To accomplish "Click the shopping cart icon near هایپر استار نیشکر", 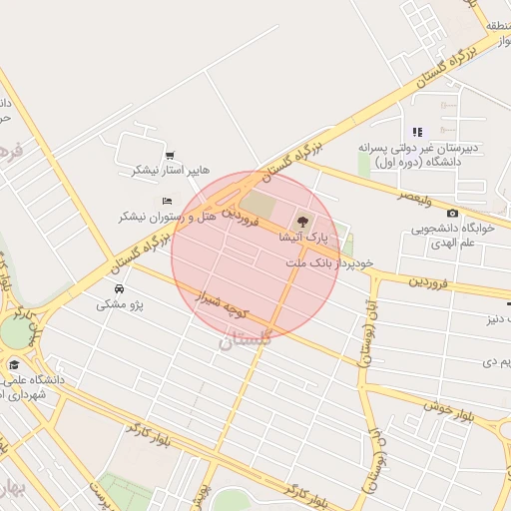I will tap(171, 155).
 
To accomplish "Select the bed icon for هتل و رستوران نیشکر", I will tap(166, 202).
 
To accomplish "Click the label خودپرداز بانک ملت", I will tap(329, 262).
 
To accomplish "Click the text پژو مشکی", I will tap(120, 304).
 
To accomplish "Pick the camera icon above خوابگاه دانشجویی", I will tap(453, 213).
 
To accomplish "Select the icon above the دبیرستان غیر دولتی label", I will tap(417, 132).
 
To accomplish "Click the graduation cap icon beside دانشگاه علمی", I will tap(14, 364).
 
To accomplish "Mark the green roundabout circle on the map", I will tap(14, 332).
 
